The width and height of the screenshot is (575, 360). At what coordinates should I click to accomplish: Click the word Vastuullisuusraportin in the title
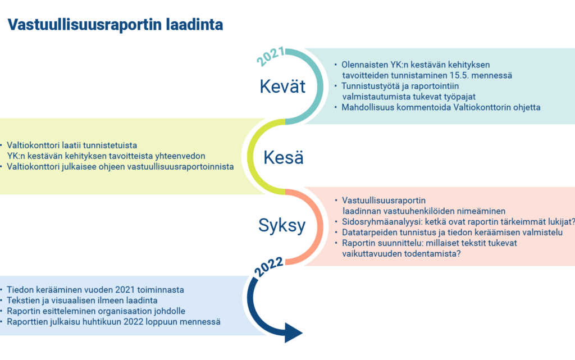pyautogui.click(x=85, y=25)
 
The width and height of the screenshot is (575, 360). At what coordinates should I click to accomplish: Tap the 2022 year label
pyautogui.click(x=269, y=267)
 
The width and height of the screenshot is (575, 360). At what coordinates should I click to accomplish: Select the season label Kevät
pyautogui.click(x=282, y=86)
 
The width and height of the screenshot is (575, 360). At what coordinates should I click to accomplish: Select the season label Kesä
pyautogui.click(x=284, y=158)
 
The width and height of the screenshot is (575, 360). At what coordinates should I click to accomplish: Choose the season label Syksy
pyautogui.click(x=282, y=225)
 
